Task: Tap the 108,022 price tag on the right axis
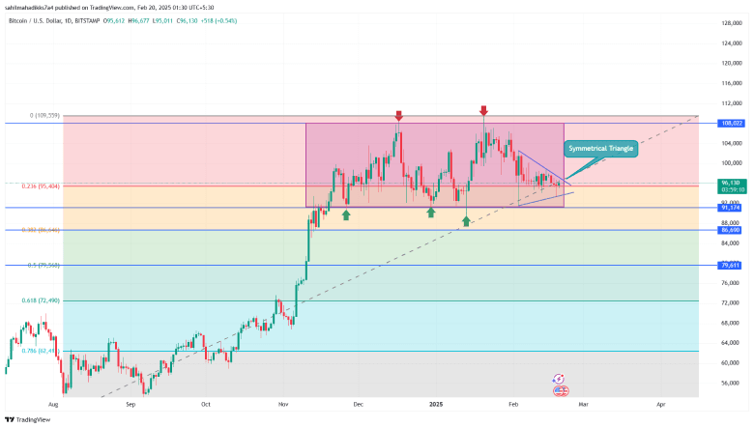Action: pos(731,123)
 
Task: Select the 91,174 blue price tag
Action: pos(731,208)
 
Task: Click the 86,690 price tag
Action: pos(731,230)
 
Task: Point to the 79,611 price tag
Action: pos(731,265)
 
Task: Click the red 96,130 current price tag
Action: pos(731,182)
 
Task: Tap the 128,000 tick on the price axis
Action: pos(731,22)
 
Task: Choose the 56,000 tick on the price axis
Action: pos(731,383)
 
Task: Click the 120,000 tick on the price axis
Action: pos(731,63)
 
